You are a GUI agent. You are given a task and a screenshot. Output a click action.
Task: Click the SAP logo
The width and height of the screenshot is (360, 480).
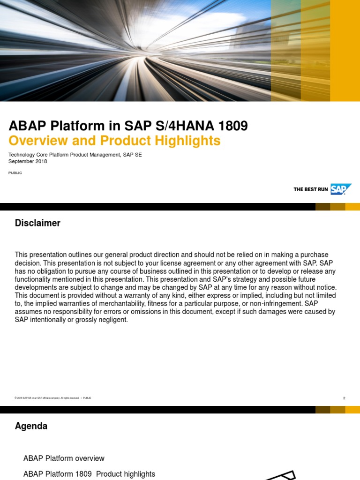click(340, 189)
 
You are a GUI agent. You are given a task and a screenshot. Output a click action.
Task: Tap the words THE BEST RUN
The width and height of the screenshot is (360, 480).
click(311, 189)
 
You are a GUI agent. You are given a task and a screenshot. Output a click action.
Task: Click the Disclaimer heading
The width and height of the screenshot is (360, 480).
click(37, 223)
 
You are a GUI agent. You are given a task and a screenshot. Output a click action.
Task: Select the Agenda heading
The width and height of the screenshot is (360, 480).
click(31, 426)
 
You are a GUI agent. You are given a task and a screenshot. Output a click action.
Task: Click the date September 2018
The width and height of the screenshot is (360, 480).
click(28, 162)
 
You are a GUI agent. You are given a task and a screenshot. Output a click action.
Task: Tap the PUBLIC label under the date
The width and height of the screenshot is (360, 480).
click(15, 173)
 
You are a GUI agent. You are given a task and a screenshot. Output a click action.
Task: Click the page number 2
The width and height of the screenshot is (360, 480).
click(344, 398)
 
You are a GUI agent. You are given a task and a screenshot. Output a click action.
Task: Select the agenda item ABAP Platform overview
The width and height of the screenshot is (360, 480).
click(64, 458)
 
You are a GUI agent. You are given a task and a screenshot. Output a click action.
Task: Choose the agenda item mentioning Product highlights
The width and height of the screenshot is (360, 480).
click(89, 474)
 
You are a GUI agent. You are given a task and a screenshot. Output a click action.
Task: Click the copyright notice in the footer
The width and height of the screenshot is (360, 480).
click(47, 398)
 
